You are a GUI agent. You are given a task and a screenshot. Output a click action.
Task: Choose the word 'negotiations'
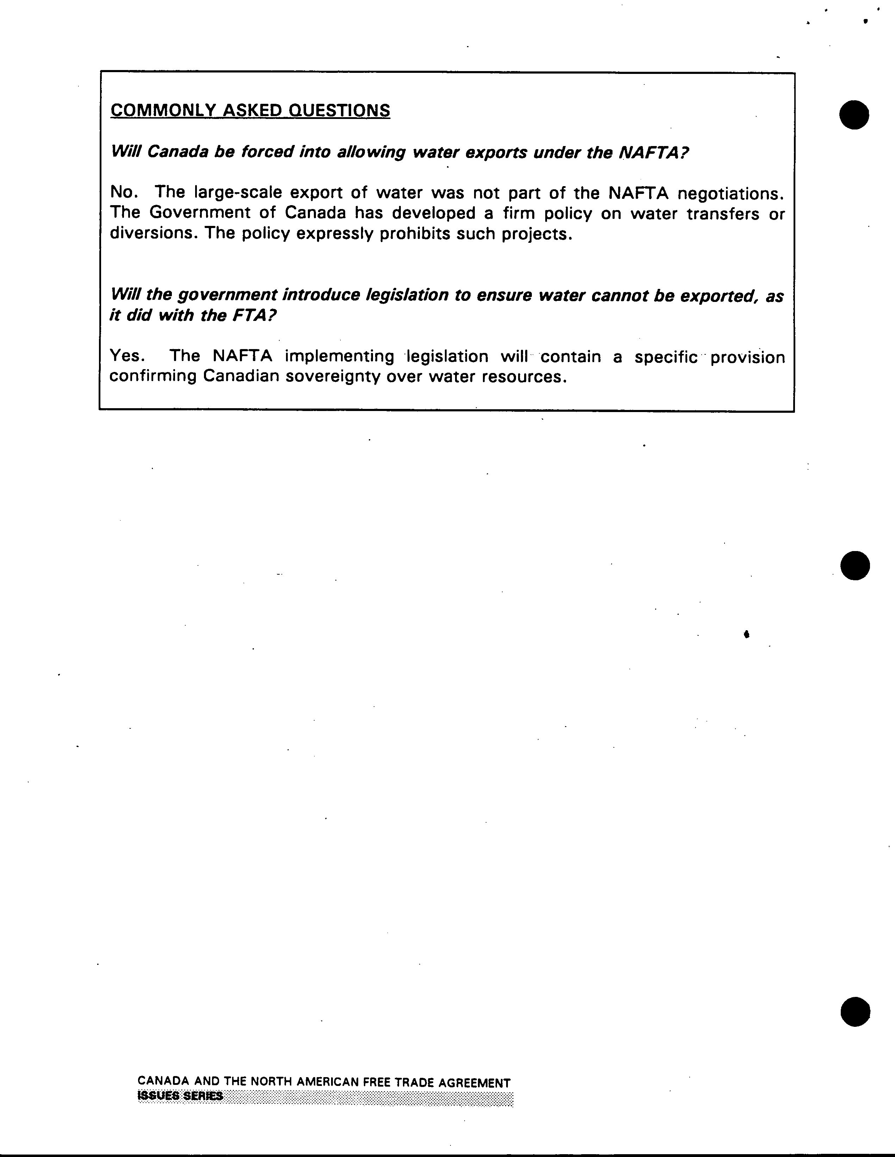[730, 194]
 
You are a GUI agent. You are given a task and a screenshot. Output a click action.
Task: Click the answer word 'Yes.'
[127, 356]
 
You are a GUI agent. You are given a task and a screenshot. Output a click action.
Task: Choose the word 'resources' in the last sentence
[520, 377]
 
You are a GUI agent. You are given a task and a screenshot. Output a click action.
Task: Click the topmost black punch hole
[854, 114]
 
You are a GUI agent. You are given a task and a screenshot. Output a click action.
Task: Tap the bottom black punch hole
[855, 1011]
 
